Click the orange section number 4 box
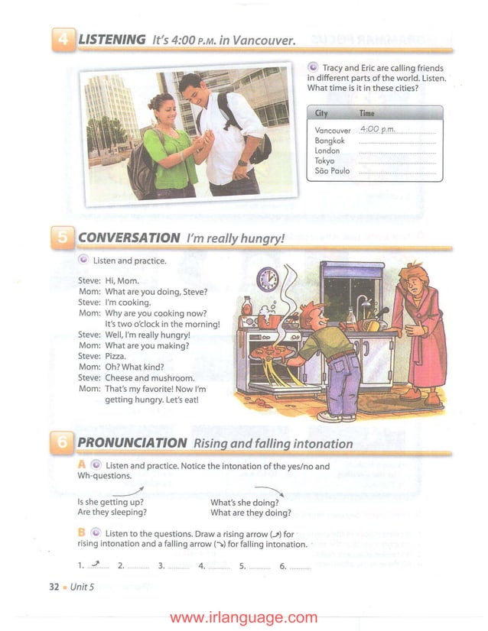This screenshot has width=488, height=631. (63, 39)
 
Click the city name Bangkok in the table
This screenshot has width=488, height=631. (330, 141)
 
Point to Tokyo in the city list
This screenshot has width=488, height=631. (325, 161)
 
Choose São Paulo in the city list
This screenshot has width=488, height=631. (332, 171)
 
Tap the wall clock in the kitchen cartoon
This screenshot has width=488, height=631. (268, 279)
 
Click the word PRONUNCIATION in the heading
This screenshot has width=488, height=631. (132, 443)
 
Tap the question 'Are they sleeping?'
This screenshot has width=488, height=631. (112, 513)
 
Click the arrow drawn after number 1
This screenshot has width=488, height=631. (96, 565)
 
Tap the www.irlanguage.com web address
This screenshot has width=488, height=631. (243, 617)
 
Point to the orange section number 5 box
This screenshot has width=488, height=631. (63, 238)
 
